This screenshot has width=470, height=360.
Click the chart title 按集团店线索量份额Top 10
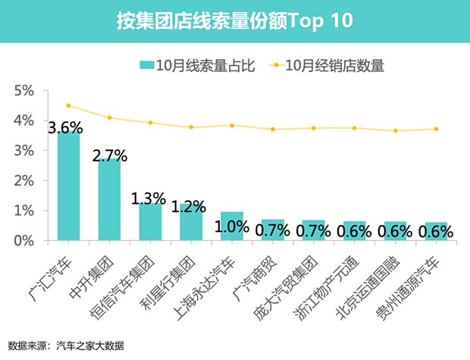(234, 20)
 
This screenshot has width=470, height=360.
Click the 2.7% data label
(109, 156)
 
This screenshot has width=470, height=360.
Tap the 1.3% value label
(148, 199)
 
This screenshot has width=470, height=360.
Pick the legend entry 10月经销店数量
(326, 65)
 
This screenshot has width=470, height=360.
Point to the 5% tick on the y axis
(24, 91)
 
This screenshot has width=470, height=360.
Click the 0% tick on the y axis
(24, 240)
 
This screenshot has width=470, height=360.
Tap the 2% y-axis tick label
(24, 180)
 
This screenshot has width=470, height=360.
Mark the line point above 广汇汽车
(68, 105)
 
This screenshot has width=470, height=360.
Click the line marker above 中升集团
(109, 117)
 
